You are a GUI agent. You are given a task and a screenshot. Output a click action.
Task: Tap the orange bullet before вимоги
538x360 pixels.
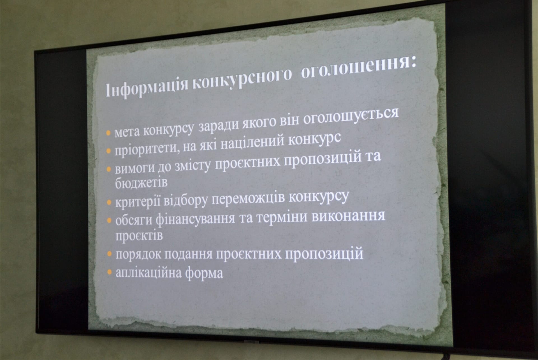tap(109, 169)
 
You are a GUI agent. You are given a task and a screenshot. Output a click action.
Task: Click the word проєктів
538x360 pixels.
tap(139, 236)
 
